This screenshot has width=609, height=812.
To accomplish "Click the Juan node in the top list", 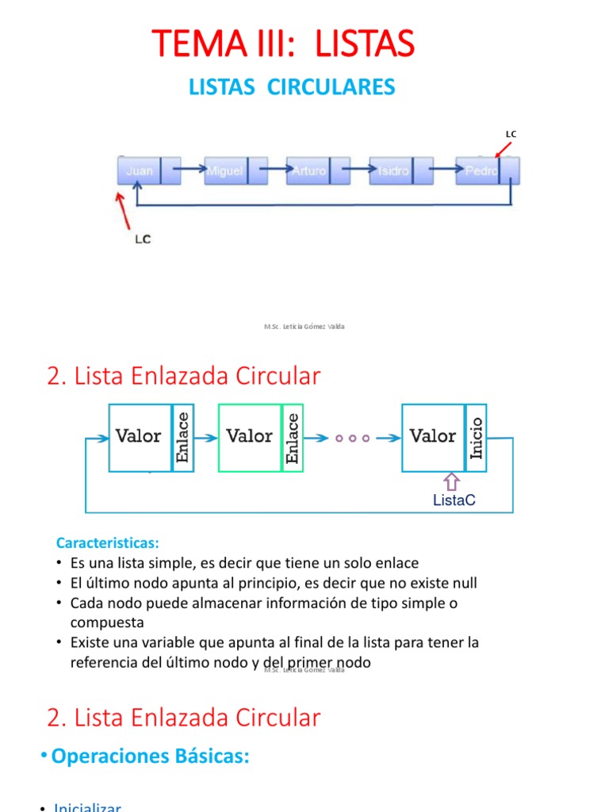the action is [x=140, y=170].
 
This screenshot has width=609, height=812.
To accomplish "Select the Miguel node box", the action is [x=225, y=170].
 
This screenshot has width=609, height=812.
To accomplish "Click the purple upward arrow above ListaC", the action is [x=451, y=481].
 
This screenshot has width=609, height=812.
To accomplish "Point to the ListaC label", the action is [x=454, y=500].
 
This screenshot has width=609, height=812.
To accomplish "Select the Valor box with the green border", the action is [x=250, y=437].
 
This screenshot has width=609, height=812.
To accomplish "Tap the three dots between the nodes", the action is [x=352, y=438].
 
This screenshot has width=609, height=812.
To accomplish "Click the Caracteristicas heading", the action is [x=108, y=543].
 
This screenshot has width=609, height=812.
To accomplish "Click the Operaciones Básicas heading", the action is [x=151, y=756].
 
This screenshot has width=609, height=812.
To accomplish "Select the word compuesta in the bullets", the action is [x=106, y=622].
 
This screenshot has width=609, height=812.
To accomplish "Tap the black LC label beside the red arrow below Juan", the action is [x=142, y=239].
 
